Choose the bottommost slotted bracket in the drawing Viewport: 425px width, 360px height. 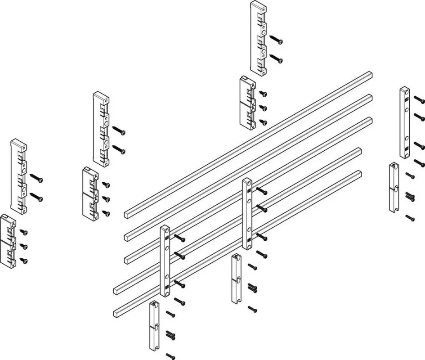click(x=154, y=326)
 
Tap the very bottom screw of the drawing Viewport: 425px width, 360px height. click(x=170, y=356)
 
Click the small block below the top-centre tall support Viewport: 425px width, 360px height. click(x=247, y=103)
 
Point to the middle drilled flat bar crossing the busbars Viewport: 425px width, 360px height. click(x=247, y=213)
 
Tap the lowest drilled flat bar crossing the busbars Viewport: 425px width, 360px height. click(x=165, y=261)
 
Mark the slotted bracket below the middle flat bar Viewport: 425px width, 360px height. click(x=237, y=279)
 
